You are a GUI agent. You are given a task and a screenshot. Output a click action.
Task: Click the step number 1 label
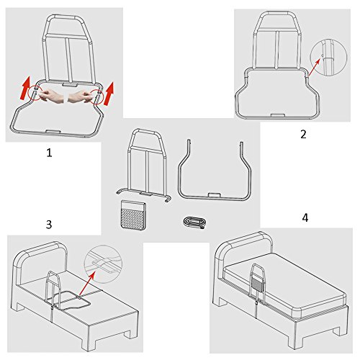tap(49, 153)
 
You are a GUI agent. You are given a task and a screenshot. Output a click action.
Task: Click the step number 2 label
tap(303, 135)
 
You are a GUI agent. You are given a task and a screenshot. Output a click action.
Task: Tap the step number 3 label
tap(49, 225)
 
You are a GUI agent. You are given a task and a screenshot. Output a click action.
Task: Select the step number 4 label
tap(305, 217)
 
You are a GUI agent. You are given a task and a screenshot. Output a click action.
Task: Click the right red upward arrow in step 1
tap(109, 94)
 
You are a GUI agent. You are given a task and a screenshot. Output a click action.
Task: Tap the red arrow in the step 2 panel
tap(315, 68)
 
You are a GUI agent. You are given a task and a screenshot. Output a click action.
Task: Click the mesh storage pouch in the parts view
tap(132, 215)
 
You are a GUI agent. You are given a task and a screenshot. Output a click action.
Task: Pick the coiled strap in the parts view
tap(194, 222)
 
